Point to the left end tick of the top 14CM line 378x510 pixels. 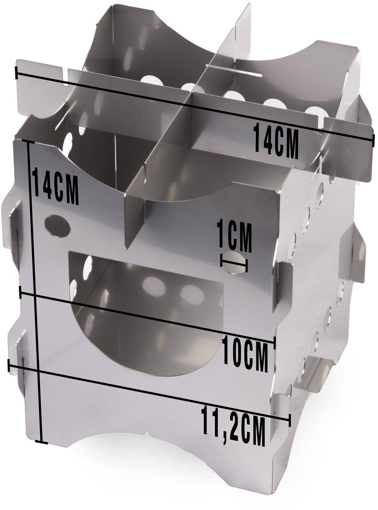click(x=16, y=73)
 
